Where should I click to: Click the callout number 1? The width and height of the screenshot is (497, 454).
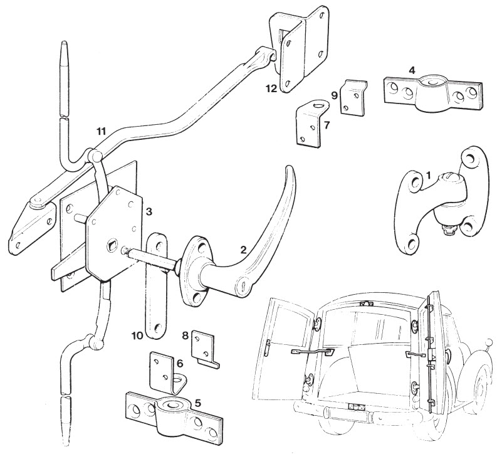[x=428, y=175]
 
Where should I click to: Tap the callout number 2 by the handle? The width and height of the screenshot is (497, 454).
[x=243, y=250]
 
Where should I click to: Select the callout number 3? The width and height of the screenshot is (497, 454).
[x=149, y=212]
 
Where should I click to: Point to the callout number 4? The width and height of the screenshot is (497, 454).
[x=411, y=70]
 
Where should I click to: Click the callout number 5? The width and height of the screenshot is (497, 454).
[x=197, y=403]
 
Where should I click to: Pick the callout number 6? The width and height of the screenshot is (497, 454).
[x=180, y=363]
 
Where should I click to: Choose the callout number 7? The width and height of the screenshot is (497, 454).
[x=327, y=125]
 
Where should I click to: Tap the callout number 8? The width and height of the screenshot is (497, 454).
[x=186, y=335]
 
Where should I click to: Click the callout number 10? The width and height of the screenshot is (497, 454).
[x=138, y=335]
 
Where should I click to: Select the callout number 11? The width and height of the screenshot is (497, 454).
[x=101, y=131]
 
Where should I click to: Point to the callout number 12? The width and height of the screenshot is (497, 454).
[x=272, y=89]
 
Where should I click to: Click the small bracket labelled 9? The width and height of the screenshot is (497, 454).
[x=353, y=97]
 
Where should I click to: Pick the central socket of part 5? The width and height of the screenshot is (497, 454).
[x=173, y=405]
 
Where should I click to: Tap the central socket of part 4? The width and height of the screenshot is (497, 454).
[x=432, y=82]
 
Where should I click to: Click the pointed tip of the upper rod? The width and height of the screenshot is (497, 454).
[x=65, y=41]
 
